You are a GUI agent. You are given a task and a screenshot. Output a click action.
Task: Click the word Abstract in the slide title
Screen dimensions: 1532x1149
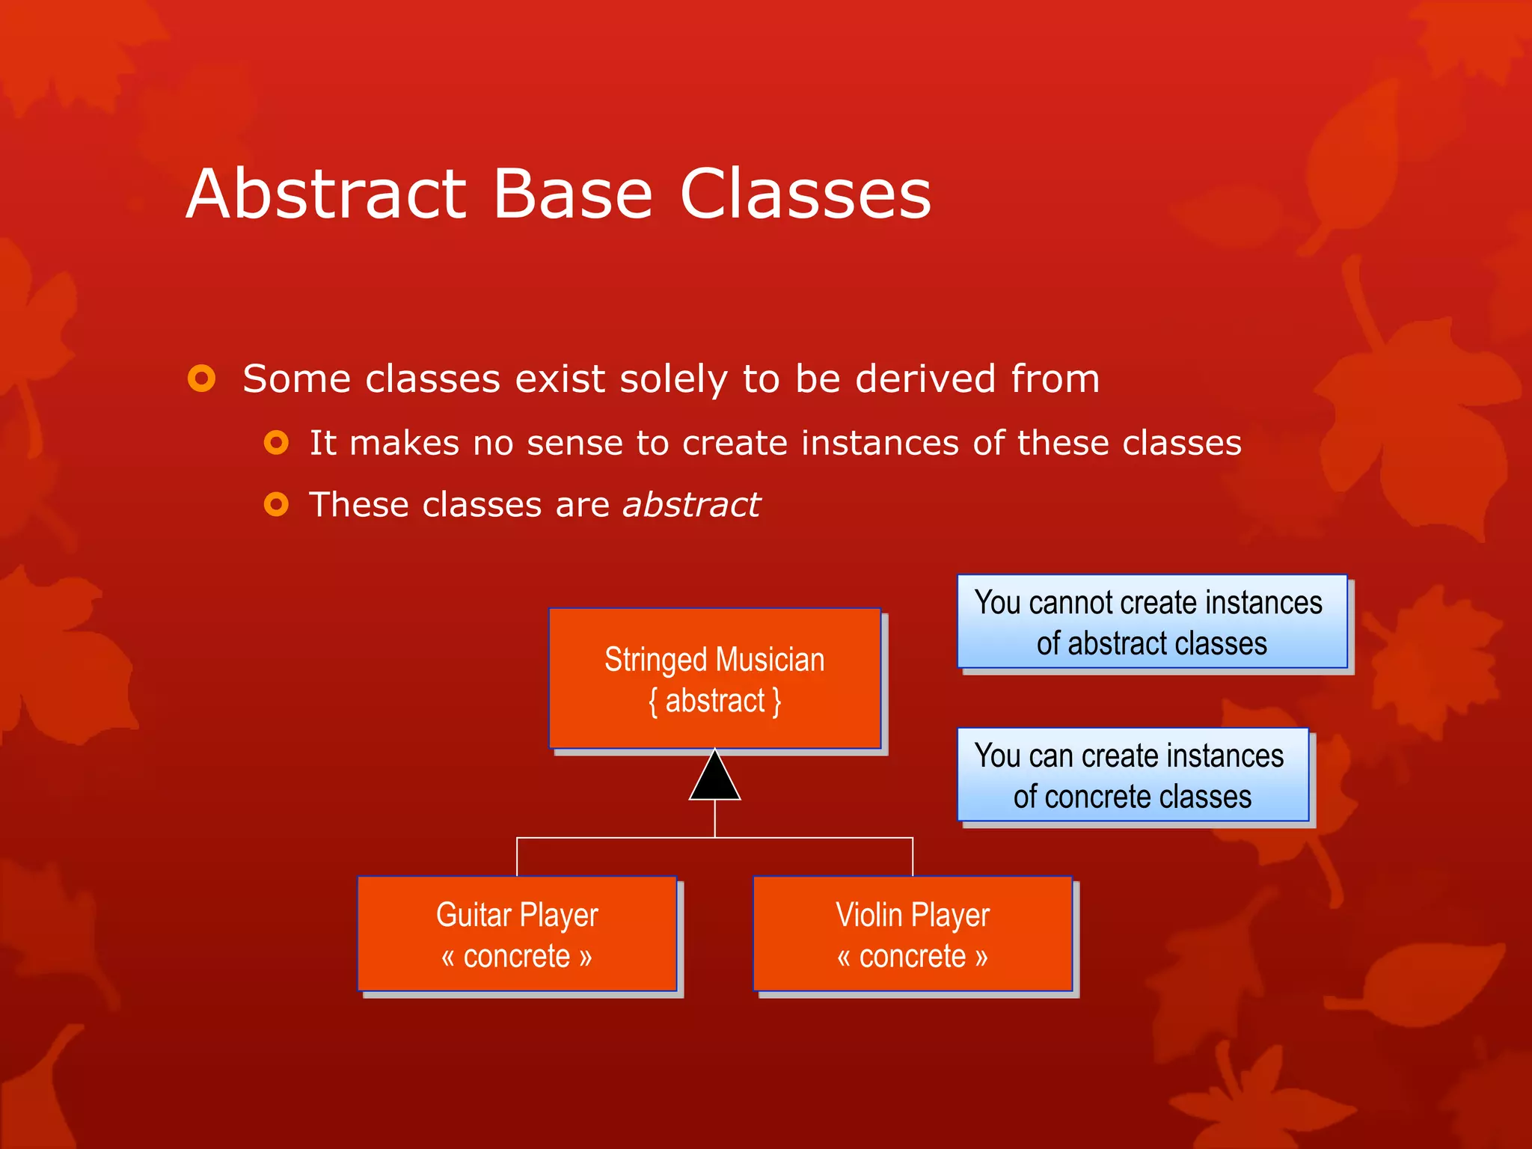(327, 194)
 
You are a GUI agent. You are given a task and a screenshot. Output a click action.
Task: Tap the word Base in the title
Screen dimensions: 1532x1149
(572, 194)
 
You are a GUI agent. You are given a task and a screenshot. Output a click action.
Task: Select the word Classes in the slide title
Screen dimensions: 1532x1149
(805, 194)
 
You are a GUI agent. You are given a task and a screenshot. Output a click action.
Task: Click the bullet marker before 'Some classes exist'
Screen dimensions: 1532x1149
(201, 379)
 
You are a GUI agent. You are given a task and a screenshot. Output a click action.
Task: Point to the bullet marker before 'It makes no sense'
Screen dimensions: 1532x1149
(276, 443)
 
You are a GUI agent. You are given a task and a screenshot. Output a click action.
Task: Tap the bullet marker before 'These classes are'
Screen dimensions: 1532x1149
(276, 505)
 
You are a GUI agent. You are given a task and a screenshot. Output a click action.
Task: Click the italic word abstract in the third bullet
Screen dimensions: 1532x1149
(691, 505)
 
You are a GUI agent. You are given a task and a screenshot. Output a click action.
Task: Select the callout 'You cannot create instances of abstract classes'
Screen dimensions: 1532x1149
(1152, 622)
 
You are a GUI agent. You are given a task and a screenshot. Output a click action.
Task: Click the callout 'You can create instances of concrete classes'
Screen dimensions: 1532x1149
(1133, 776)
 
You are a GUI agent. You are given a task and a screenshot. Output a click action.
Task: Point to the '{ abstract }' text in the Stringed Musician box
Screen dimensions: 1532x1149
(714, 702)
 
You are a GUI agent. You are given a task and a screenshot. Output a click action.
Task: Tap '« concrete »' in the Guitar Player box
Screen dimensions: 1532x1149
(517, 957)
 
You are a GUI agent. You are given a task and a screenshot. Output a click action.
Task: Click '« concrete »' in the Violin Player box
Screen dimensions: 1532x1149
(913, 957)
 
